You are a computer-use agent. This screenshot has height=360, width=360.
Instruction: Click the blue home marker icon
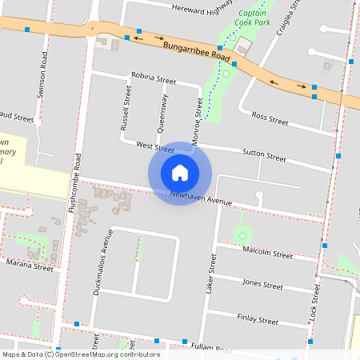180,172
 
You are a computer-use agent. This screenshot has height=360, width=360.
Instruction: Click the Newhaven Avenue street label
201,198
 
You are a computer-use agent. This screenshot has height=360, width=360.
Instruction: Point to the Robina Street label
154,80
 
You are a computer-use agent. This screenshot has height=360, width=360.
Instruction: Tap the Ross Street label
269,119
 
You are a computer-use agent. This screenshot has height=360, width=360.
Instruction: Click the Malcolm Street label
267,253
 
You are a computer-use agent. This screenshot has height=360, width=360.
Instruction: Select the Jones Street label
262,284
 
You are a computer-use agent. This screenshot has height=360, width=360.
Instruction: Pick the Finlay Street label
257,319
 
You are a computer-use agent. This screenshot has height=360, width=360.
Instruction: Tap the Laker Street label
211,274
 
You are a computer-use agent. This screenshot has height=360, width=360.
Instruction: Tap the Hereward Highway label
202,9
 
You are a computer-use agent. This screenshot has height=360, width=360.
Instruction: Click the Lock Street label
314,306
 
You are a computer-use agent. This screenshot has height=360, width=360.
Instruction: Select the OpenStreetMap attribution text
81,354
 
